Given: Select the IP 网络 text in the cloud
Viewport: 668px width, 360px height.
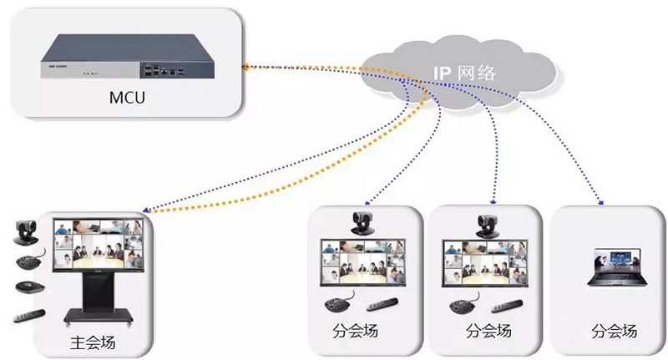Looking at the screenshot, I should (x=464, y=73).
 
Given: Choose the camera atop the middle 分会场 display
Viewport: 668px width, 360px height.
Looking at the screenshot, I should (x=487, y=221).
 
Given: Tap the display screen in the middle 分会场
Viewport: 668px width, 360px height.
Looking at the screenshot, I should (x=486, y=262).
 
